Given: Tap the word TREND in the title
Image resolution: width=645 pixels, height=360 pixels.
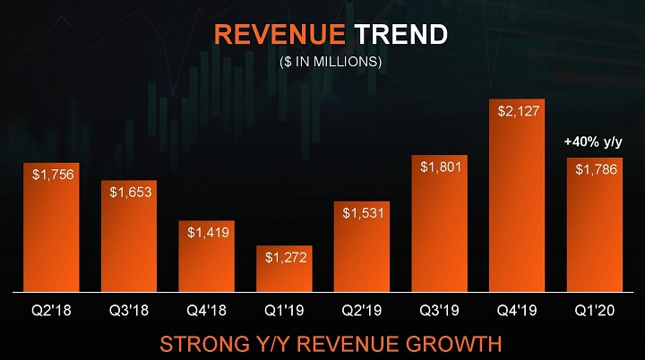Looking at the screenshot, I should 399,35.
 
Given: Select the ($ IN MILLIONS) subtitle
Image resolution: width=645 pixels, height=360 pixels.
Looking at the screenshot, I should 325,62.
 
